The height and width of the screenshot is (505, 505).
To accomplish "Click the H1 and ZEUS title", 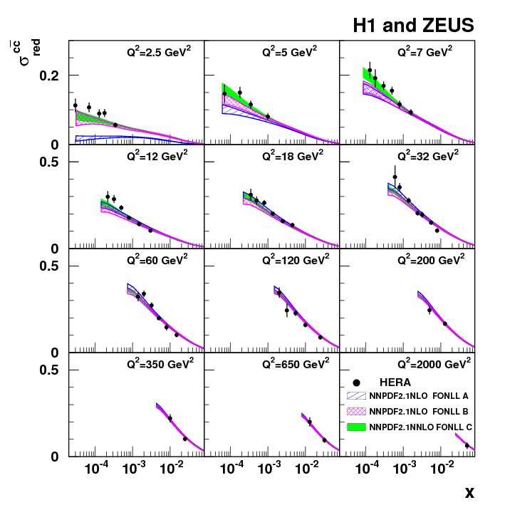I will click(413, 26).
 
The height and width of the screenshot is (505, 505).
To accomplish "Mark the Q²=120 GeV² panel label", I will click(296, 259).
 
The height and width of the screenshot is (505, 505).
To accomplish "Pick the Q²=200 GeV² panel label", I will click(431, 259).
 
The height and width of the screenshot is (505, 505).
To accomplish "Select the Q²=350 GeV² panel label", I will click(160, 363).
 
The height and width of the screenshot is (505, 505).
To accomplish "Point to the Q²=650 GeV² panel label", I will click(296, 363).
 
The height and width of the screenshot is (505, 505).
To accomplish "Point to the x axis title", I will click(469, 491).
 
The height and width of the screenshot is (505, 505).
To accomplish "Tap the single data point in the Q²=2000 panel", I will click(467, 446).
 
